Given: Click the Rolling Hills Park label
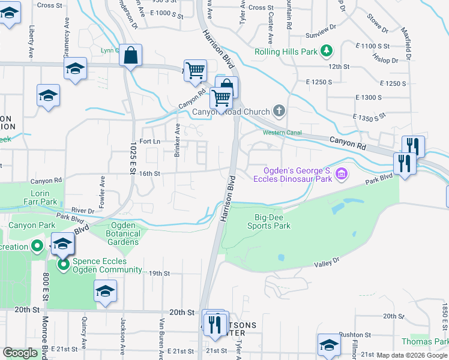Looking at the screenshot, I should click(x=285, y=52).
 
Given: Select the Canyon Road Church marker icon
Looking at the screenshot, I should click(x=279, y=110).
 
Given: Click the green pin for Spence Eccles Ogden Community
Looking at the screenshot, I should click(x=62, y=264).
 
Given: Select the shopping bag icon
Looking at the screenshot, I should click(x=130, y=56).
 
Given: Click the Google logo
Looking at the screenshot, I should click(x=20, y=353).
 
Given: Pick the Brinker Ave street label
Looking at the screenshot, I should click(x=178, y=140).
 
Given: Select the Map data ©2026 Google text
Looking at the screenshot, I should click(x=412, y=355).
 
